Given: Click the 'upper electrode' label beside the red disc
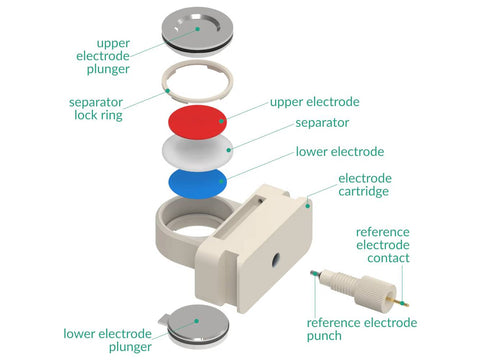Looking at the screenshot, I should click(314, 102).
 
